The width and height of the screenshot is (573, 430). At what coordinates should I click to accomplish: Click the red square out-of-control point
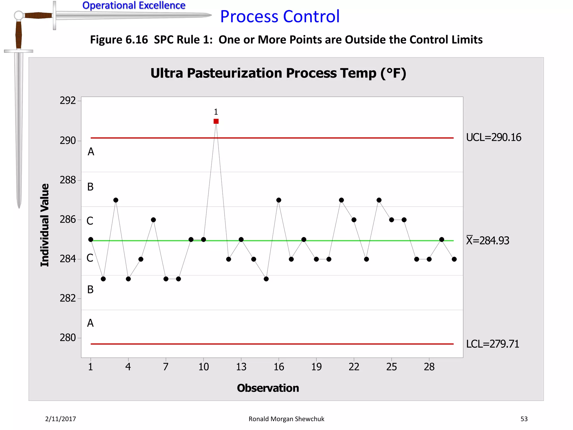point(216,121)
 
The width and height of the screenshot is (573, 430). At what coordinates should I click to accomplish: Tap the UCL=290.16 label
point(494,137)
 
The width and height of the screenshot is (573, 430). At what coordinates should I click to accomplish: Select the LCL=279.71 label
point(492,344)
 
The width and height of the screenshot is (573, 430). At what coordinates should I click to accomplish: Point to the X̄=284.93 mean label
point(487,240)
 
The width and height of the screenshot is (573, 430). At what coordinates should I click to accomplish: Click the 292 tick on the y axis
point(68,101)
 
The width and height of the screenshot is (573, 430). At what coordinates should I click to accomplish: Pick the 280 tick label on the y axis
point(68,338)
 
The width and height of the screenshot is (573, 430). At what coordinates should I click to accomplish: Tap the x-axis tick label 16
point(279,367)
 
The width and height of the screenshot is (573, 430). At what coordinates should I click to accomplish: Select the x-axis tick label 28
point(429,367)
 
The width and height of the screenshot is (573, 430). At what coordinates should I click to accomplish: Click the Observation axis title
point(268,388)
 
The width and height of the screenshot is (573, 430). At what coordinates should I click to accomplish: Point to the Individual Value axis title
point(45,225)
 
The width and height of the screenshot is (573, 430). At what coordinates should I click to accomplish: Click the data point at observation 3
point(116,200)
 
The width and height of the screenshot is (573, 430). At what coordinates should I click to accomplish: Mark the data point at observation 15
point(266,279)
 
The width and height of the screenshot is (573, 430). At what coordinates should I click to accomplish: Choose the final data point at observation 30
point(454,259)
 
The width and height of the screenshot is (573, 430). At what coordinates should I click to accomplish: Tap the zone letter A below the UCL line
point(91,152)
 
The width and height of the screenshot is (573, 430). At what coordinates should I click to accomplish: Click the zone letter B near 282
point(90,289)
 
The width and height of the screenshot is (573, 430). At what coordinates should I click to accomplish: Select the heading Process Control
point(280,16)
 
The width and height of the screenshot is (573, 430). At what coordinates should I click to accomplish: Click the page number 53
point(524,419)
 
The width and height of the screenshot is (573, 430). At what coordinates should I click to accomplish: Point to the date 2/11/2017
point(60,419)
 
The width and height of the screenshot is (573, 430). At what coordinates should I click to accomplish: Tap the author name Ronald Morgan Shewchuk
point(286,419)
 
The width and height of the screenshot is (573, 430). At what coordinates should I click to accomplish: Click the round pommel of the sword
point(18,15)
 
